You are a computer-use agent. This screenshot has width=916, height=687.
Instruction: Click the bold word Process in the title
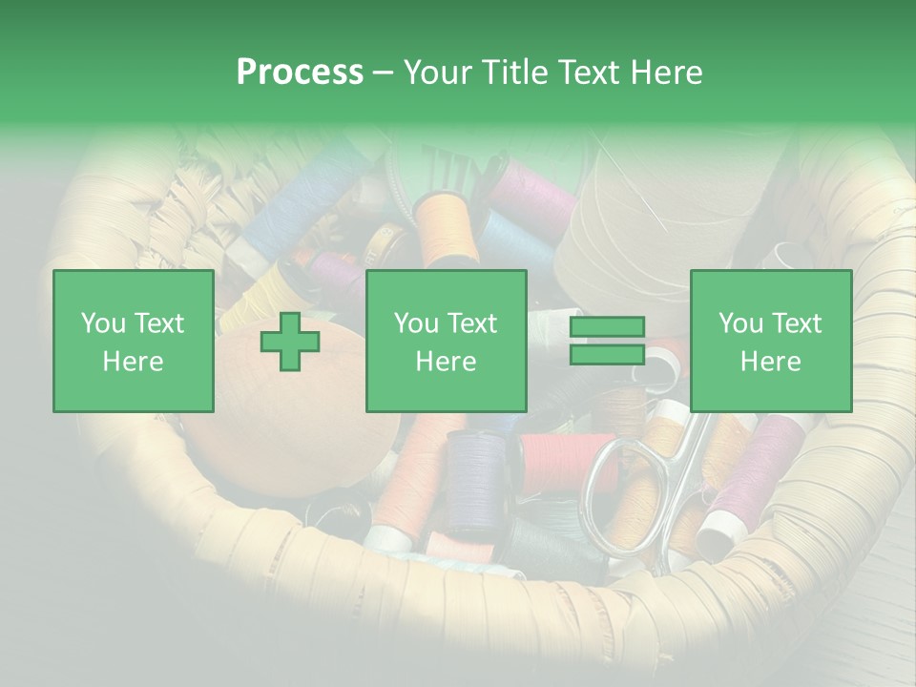300,73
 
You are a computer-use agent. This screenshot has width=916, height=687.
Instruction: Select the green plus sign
290,341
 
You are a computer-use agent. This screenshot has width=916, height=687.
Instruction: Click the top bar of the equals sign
607,327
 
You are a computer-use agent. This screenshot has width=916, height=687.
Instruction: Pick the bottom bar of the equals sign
607,354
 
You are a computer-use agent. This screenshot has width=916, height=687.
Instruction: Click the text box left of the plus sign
133,341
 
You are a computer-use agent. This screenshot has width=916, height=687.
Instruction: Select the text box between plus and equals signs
446,341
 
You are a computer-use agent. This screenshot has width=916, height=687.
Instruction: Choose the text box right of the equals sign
770,341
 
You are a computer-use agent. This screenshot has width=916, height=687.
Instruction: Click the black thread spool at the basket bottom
544,549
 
